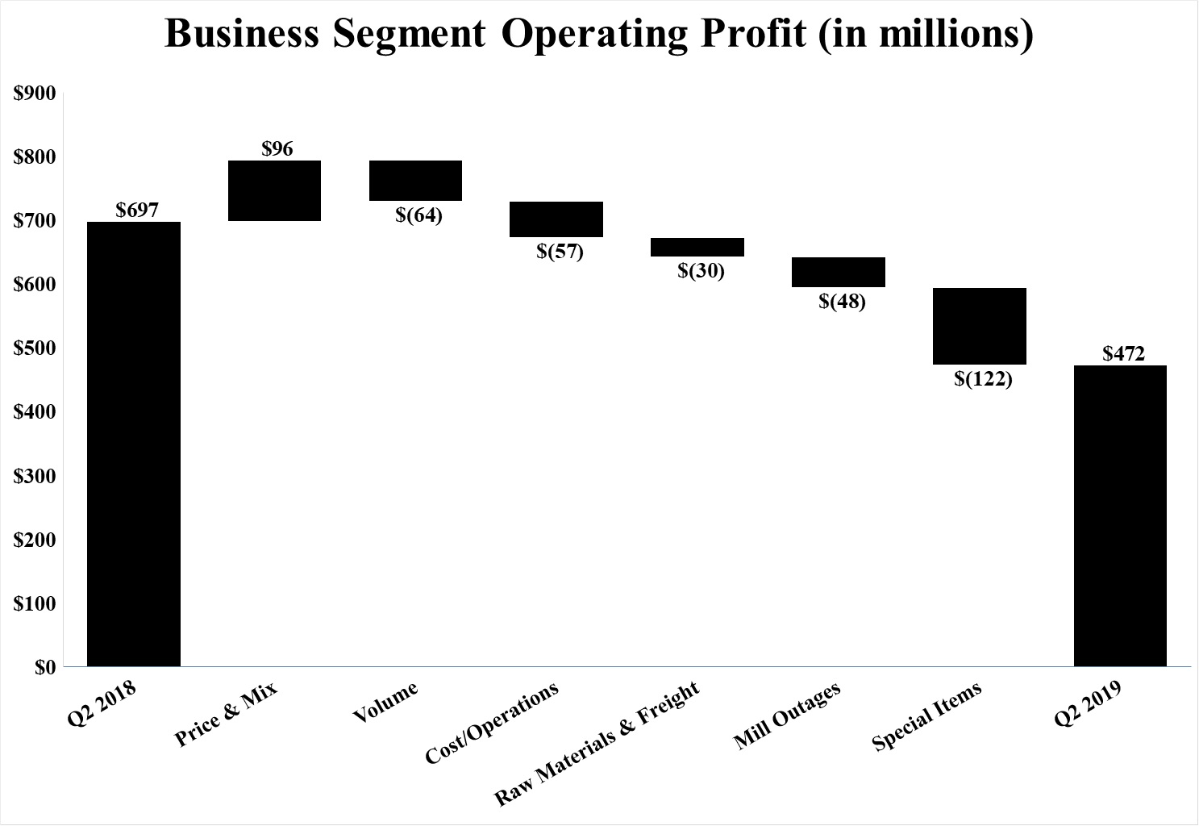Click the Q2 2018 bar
point(133,444)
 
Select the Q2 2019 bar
point(1120,515)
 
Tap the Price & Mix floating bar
point(274,190)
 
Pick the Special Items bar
point(979,326)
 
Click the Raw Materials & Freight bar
point(697,247)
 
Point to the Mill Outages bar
point(838,272)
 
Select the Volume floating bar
point(415,180)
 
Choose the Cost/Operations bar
point(556,219)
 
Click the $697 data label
point(137,211)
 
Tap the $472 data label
point(1123,353)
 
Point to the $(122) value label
point(982,378)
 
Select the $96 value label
point(277,148)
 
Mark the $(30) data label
point(701,271)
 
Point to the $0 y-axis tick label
point(44,667)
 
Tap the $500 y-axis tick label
point(35,348)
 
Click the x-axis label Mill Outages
point(787,715)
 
